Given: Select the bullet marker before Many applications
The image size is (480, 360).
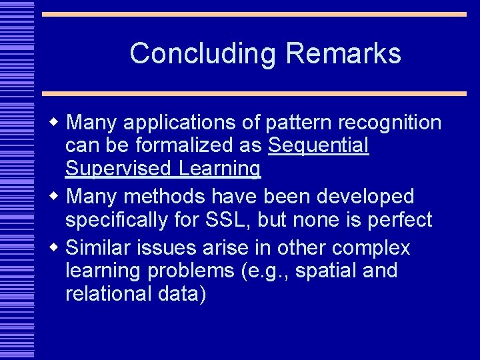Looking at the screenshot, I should (55, 122).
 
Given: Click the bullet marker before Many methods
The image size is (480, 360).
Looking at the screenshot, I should (55, 196).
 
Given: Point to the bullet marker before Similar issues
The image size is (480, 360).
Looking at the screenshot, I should (55, 247).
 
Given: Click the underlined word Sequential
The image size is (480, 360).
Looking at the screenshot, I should (318, 145).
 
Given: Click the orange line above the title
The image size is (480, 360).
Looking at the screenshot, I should (254, 13).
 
